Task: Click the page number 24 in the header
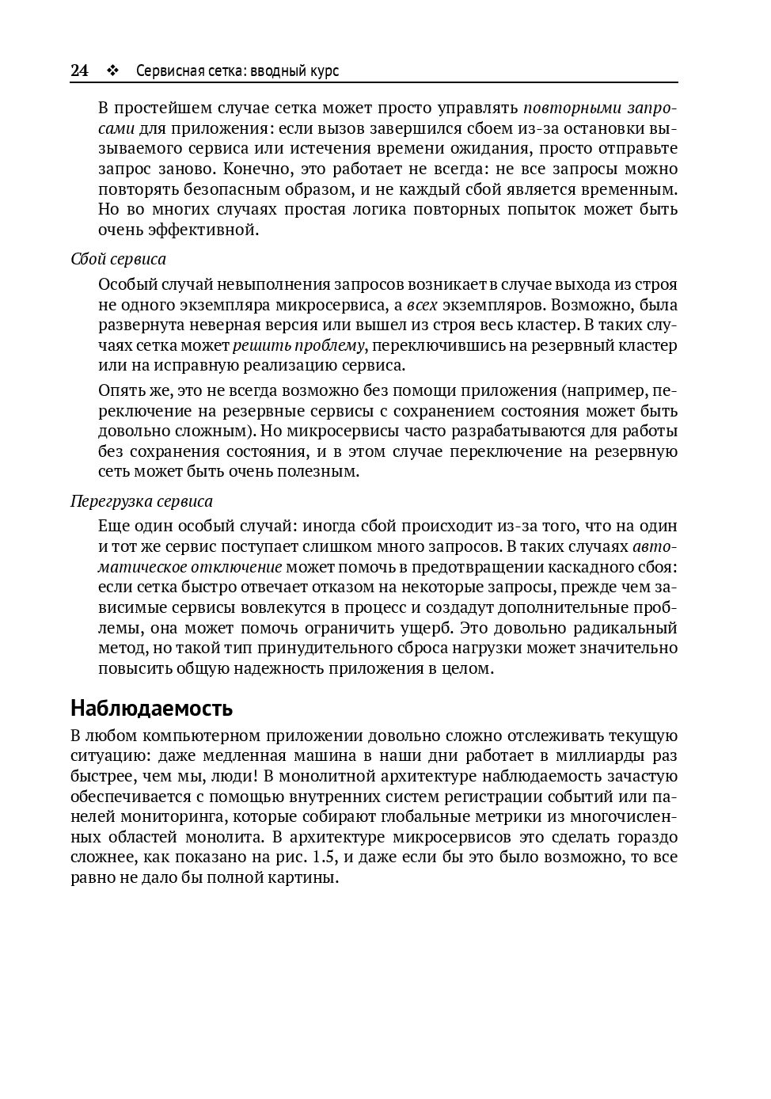(79, 70)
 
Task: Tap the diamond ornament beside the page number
(112, 71)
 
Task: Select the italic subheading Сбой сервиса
(118, 259)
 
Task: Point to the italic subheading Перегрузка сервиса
(142, 501)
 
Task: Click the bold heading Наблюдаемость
(151, 707)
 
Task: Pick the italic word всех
(421, 305)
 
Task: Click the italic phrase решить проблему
(298, 345)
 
